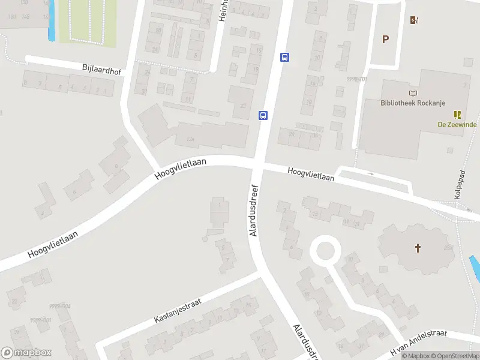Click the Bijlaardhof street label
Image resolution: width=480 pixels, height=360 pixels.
point(101,70)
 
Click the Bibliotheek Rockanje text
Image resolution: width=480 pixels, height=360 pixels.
point(411,103)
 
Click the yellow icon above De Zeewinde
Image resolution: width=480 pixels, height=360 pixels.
point(458,114)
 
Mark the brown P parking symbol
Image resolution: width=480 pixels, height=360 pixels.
point(386,40)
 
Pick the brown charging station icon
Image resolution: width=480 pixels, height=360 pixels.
point(414,20)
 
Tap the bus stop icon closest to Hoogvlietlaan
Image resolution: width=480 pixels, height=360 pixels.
point(263,115)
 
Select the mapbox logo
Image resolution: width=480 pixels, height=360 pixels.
point(26,353)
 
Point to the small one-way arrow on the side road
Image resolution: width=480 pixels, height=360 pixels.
point(370,174)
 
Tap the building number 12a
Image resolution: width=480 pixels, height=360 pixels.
point(191,139)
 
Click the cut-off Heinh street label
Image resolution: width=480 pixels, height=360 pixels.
point(223,11)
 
